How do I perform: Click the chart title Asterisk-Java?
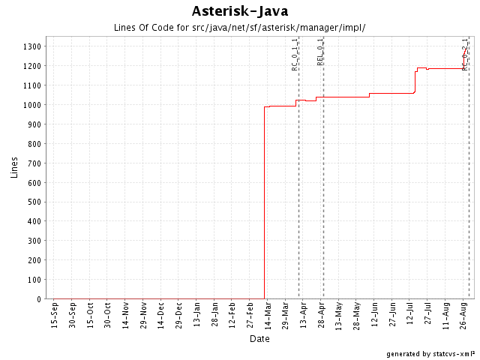click(240, 10)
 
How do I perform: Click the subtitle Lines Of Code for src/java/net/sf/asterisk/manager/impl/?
click(240, 28)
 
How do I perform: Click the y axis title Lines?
click(14, 167)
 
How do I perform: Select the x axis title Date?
click(259, 339)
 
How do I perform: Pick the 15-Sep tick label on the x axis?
click(54, 316)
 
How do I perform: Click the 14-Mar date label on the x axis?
click(268, 316)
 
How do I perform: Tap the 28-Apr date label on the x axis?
click(321, 316)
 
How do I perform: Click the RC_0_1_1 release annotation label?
click(295, 54)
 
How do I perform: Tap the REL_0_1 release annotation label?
click(320, 51)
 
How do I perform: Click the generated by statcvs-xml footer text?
click(430, 353)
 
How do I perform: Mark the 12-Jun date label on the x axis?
click(374, 316)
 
